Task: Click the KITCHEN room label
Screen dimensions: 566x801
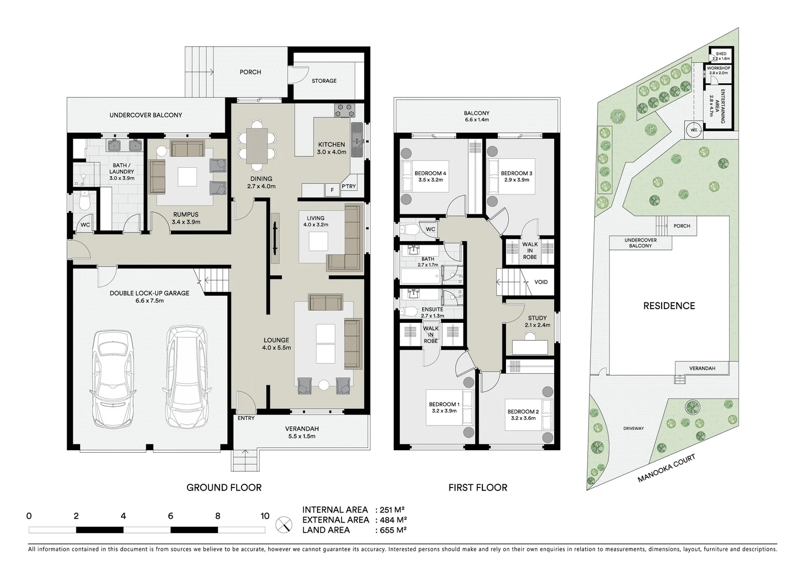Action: pos(332,145)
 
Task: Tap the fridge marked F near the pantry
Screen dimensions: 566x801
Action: pos(332,190)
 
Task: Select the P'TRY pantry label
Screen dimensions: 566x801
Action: pos(349,187)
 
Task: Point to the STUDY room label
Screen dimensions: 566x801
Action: pos(537,318)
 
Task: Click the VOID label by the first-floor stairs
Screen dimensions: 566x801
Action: pos(541,282)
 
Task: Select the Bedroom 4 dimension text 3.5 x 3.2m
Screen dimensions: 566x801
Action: pos(431,180)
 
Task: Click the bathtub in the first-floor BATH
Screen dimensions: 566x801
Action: pos(420,275)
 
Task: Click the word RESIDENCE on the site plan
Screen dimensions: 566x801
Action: pos(669,306)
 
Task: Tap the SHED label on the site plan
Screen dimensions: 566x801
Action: pos(721,53)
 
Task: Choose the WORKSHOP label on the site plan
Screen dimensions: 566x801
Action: pos(718,68)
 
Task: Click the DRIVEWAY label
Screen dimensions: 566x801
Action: pos(633,428)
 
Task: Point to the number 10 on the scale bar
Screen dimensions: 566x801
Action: pos(265,516)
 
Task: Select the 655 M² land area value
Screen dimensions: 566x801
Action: pos(391,530)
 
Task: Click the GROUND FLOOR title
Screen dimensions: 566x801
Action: pos(224,487)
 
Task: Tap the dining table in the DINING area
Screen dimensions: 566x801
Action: pos(257,145)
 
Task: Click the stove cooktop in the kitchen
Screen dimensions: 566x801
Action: pos(344,111)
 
